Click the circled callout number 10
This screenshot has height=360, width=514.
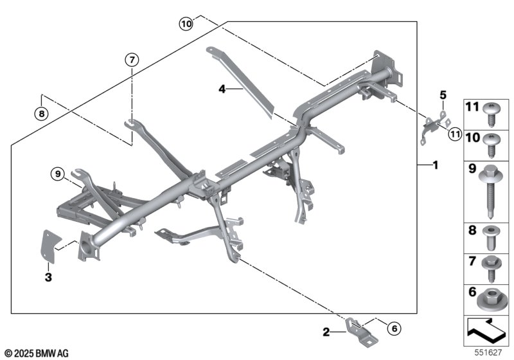(186, 24)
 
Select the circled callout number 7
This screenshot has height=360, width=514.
(131, 60)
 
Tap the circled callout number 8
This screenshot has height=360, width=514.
(41, 114)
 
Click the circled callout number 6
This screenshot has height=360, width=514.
(394, 330)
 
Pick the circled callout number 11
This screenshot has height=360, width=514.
(455, 134)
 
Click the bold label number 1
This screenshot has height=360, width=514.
(435, 165)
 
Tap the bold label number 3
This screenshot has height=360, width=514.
(47, 278)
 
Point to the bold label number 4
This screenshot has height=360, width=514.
(222, 90)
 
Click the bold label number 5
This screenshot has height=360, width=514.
(442, 95)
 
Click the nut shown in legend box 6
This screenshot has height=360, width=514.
(492, 296)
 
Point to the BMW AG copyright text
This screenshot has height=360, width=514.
(35, 353)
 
